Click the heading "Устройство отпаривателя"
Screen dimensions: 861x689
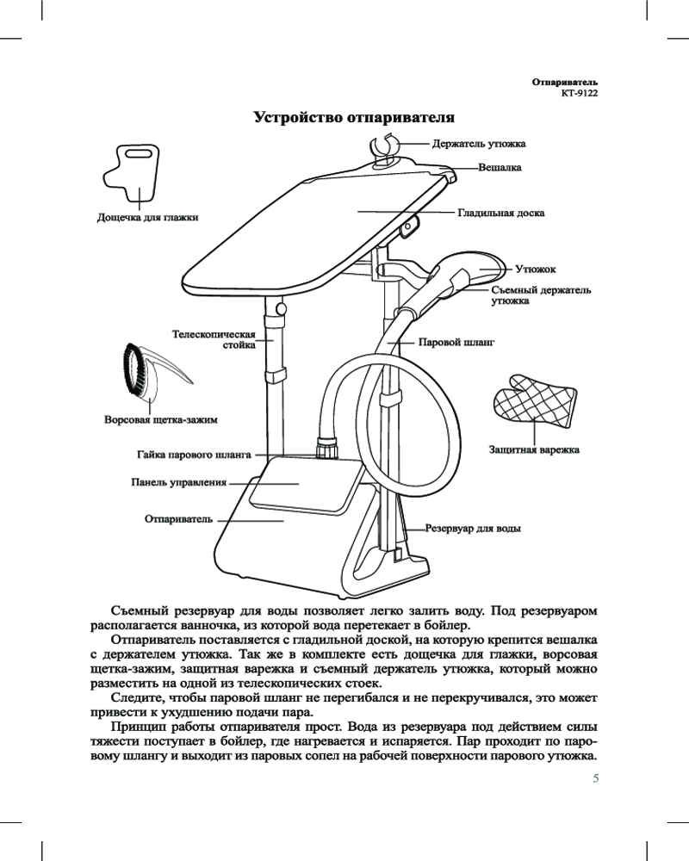pos(353,116)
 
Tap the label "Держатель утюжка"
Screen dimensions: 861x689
pos(479,144)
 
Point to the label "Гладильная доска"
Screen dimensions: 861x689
pos(500,212)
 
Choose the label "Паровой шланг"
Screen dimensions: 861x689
pos(456,342)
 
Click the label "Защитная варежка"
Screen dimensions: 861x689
pos(534,449)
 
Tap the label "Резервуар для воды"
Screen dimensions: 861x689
pos(475,528)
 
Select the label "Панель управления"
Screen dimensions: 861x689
pos(178,483)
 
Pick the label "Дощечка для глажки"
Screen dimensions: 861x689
pos(146,218)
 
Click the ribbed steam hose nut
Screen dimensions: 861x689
pos(327,449)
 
